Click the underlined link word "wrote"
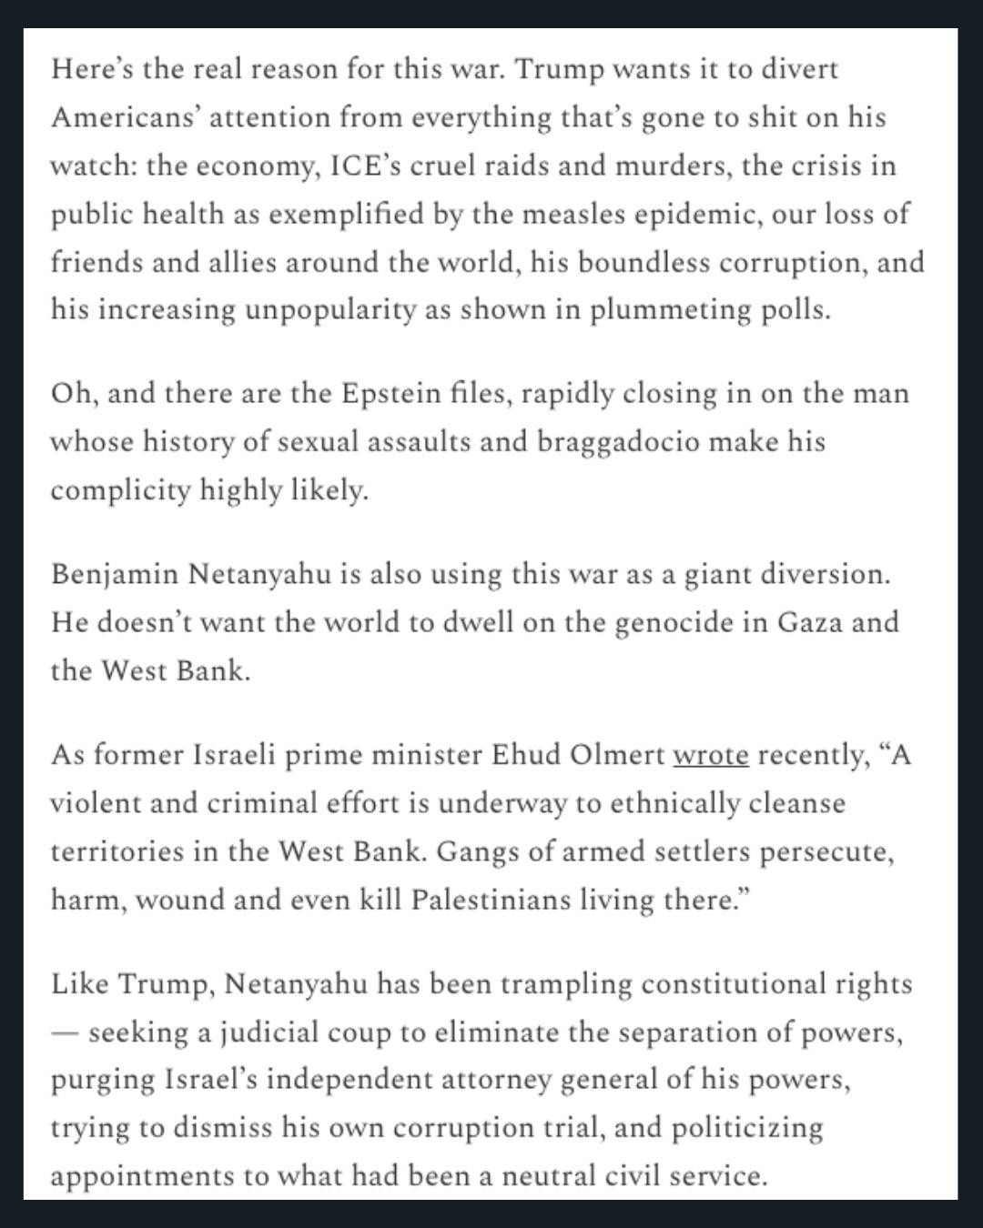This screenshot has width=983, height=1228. pyautogui.click(x=710, y=755)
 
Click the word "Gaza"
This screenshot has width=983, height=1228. pyautogui.click(x=810, y=622)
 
